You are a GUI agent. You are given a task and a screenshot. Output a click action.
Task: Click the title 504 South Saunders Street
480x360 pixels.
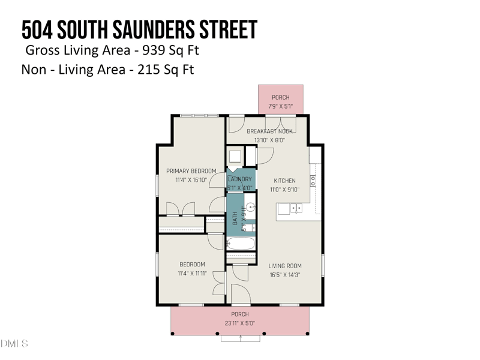point(139,29)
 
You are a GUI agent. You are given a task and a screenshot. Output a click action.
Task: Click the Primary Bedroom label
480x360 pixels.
point(191,171)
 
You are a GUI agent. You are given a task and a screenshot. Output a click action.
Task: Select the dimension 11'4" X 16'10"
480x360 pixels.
point(191,180)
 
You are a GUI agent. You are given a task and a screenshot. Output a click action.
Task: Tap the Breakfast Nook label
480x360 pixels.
point(269,131)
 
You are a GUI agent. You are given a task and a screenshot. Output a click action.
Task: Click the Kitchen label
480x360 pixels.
point(284,181)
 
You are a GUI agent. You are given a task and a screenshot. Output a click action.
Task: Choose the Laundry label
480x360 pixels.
point(240,179)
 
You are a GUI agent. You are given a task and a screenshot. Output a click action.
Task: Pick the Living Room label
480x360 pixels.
point(284,266)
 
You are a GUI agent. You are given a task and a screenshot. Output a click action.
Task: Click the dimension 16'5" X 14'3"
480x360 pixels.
point(284,275)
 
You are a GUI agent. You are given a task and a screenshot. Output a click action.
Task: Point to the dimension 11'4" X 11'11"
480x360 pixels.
point(192,274)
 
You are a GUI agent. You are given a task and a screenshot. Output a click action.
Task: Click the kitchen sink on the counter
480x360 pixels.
point(296,208)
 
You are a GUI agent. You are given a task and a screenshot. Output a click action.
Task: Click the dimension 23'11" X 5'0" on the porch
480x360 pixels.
point(240,323)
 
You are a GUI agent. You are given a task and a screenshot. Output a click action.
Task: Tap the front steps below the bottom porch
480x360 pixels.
point(241,338)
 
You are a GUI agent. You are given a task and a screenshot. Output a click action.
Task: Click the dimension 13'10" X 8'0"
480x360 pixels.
point(269,140)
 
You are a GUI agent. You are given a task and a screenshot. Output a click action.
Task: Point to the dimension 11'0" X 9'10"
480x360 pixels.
point(284,190)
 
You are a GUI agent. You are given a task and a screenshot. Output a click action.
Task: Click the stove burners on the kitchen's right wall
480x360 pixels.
point(313,179)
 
